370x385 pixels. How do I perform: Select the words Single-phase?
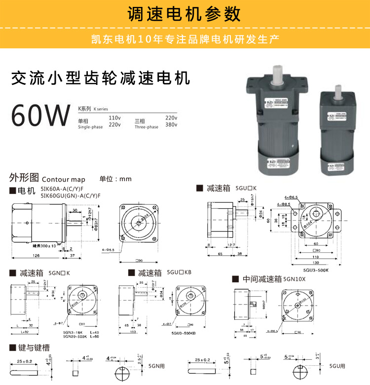pos(90,127)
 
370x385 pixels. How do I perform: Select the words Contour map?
pos(64,180)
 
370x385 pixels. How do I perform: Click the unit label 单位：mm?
pos(115,179)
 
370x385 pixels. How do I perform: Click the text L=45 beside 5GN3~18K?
pos(93,333)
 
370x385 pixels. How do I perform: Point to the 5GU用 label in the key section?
pos(337,366)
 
